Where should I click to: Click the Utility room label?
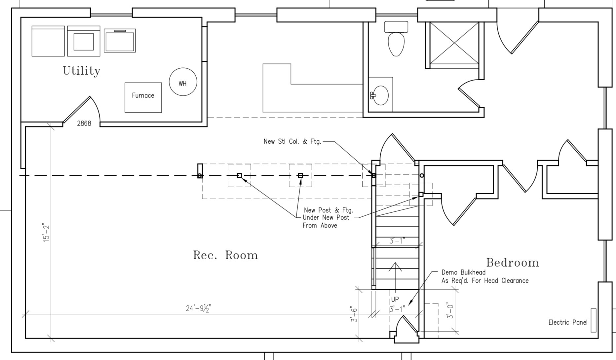(82, 71)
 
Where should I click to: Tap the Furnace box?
(143, 97)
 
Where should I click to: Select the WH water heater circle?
(183, 82)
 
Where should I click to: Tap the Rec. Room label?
(225, 255)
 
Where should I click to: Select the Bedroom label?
(513, 263)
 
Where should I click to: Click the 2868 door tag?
(84, 123)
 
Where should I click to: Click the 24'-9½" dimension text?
(199, 308)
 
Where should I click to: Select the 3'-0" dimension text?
(450, 311)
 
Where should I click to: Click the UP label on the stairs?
(395, 299)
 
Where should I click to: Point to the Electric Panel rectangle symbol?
(594, 320)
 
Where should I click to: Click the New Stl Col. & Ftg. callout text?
(292, 141)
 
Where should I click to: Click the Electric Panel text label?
(568, 322)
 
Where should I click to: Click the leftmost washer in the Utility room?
(48, 41)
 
